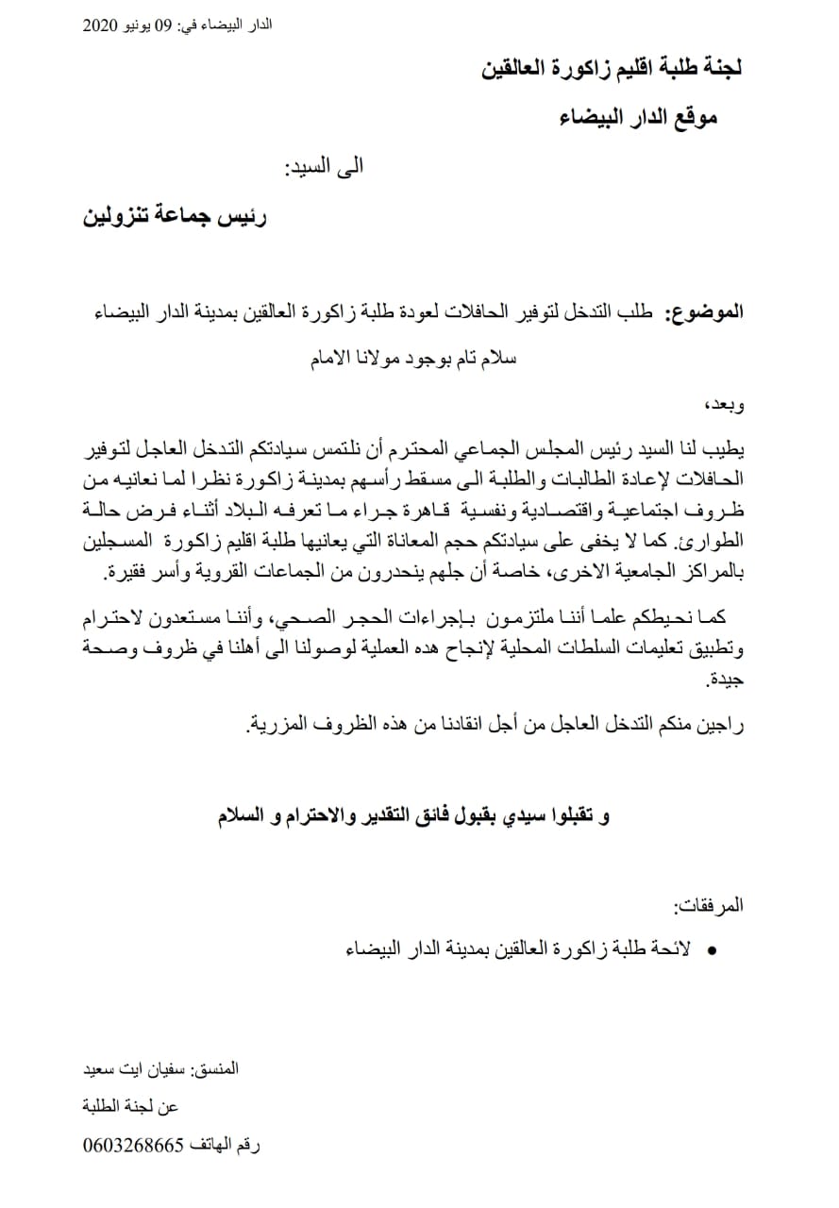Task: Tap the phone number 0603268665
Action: [x=130, y=1146]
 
